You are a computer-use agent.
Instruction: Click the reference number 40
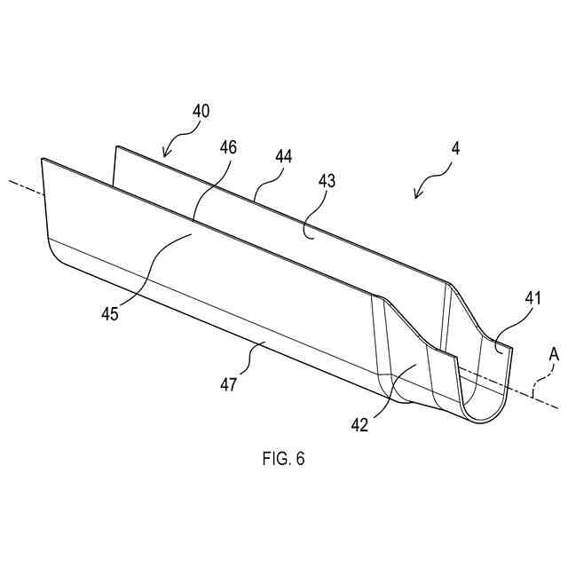tap(201, 113)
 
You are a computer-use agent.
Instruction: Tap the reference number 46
tap(227, 147)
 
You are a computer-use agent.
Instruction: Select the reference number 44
tap(283, 156)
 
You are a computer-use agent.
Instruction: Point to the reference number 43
tap(327, 180)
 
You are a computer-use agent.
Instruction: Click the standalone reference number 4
tap(455, 148)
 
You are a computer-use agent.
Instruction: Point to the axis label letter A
tap(553, 354)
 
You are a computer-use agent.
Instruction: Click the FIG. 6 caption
tap(283, 459)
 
